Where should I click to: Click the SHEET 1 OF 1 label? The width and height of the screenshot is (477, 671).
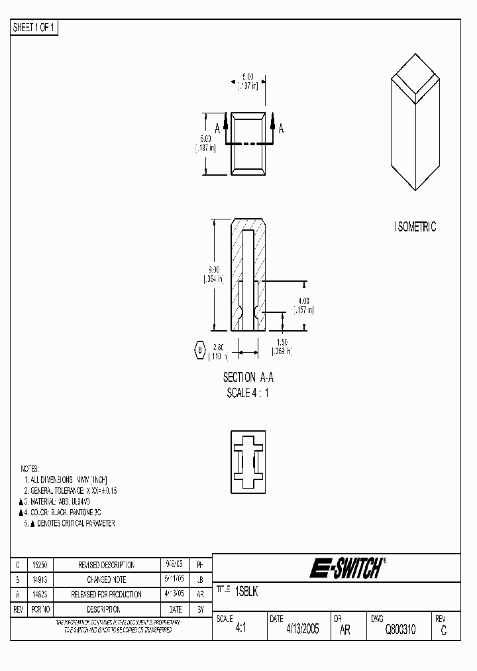coord(35,28)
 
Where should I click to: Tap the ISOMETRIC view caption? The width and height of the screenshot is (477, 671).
coord(415,227)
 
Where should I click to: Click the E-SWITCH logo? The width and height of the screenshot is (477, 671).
coord(346,568)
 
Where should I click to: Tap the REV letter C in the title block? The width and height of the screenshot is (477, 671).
coord(443,631)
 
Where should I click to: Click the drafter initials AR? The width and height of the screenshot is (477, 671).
coord(344,631)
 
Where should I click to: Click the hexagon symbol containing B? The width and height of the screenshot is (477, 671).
coord(199,350)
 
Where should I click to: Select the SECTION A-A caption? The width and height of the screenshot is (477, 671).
coord(248,377)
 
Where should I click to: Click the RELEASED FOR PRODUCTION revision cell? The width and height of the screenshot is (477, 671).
coord(107,594)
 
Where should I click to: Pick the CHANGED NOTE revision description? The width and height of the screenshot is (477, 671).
coord(107,579)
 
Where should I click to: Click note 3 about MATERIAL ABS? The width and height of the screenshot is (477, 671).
coord(64,501)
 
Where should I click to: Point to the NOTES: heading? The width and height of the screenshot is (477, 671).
coord(30,468)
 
